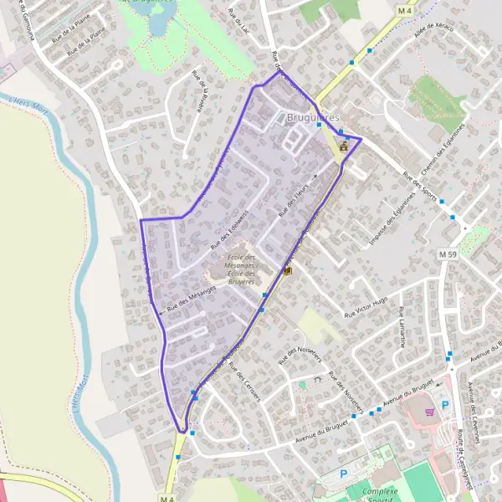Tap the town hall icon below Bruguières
coord(343,146)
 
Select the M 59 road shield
coord(448,254)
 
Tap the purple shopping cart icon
coord(429,411)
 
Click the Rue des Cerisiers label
coord(244,385)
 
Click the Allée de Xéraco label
coord(433,36)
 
